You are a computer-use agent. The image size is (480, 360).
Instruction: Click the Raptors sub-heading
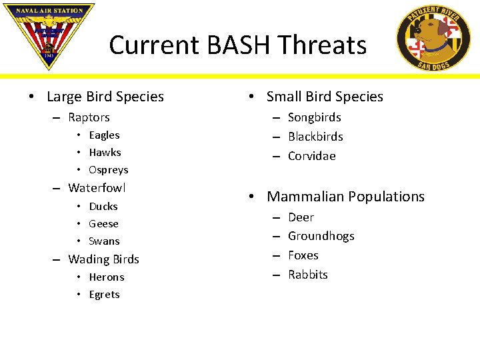[x=89, y=117]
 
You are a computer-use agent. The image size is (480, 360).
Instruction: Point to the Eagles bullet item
[x=104, y=135]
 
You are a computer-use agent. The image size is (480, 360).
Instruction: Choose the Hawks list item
[x=105, y=153]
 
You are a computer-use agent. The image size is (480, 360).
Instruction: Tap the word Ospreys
[x=108, y=170]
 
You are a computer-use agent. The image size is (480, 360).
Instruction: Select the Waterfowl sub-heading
[x=97, y=188]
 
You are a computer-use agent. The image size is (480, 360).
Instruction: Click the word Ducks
[x=103, y=207]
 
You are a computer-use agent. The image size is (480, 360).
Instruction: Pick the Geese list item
[x=103, y=224]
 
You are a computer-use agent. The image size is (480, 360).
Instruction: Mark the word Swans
[x=104, y=241]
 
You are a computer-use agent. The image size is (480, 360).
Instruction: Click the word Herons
[x=106, y=277]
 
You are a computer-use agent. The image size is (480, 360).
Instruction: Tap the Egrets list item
[x=104, y=295]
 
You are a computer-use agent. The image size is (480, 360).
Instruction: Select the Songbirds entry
[x=314, y=117]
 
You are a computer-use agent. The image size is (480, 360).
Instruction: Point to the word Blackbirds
[x=315, y=137]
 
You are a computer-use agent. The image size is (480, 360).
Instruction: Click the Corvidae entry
[x=311, y=156]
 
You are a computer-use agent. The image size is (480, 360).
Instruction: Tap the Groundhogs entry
[x=321, y=236]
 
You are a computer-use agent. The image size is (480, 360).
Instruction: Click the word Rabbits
[x=307, y=275]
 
